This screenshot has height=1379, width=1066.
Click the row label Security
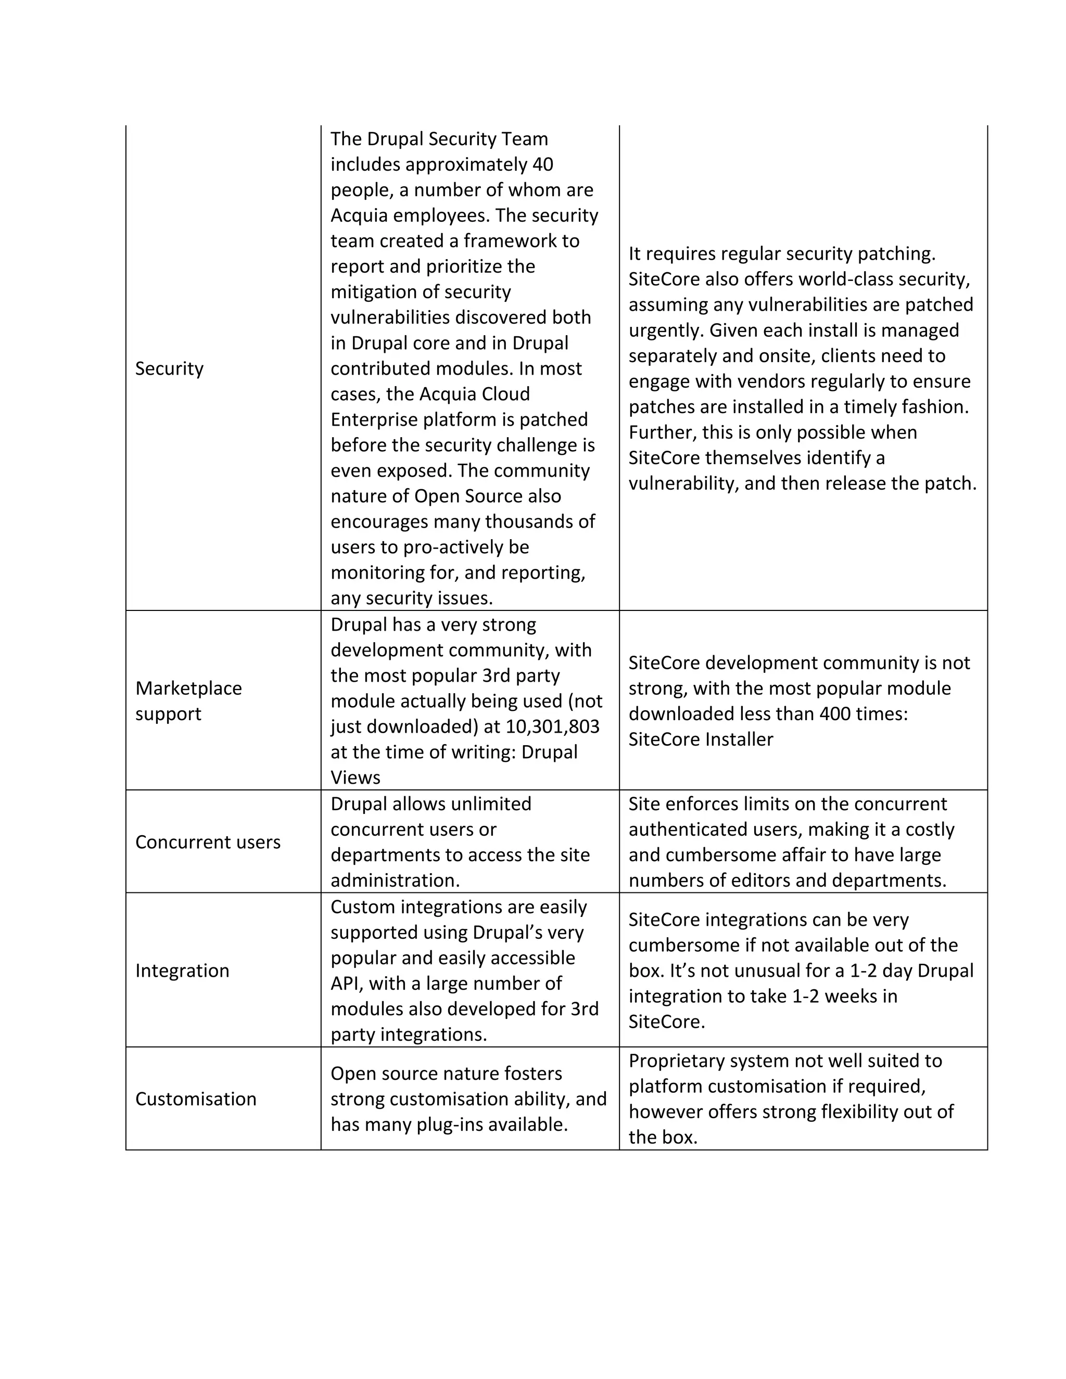coord(169,369)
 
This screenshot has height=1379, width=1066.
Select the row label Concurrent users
coord(208,842)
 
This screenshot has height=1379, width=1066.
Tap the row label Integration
coord(182,971)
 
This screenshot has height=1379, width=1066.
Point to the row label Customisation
coord(196,1099)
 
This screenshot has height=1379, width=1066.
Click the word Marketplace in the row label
coord(188,688)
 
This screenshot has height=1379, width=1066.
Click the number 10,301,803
coord(553,727)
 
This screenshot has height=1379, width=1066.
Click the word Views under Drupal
coord(356,778)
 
